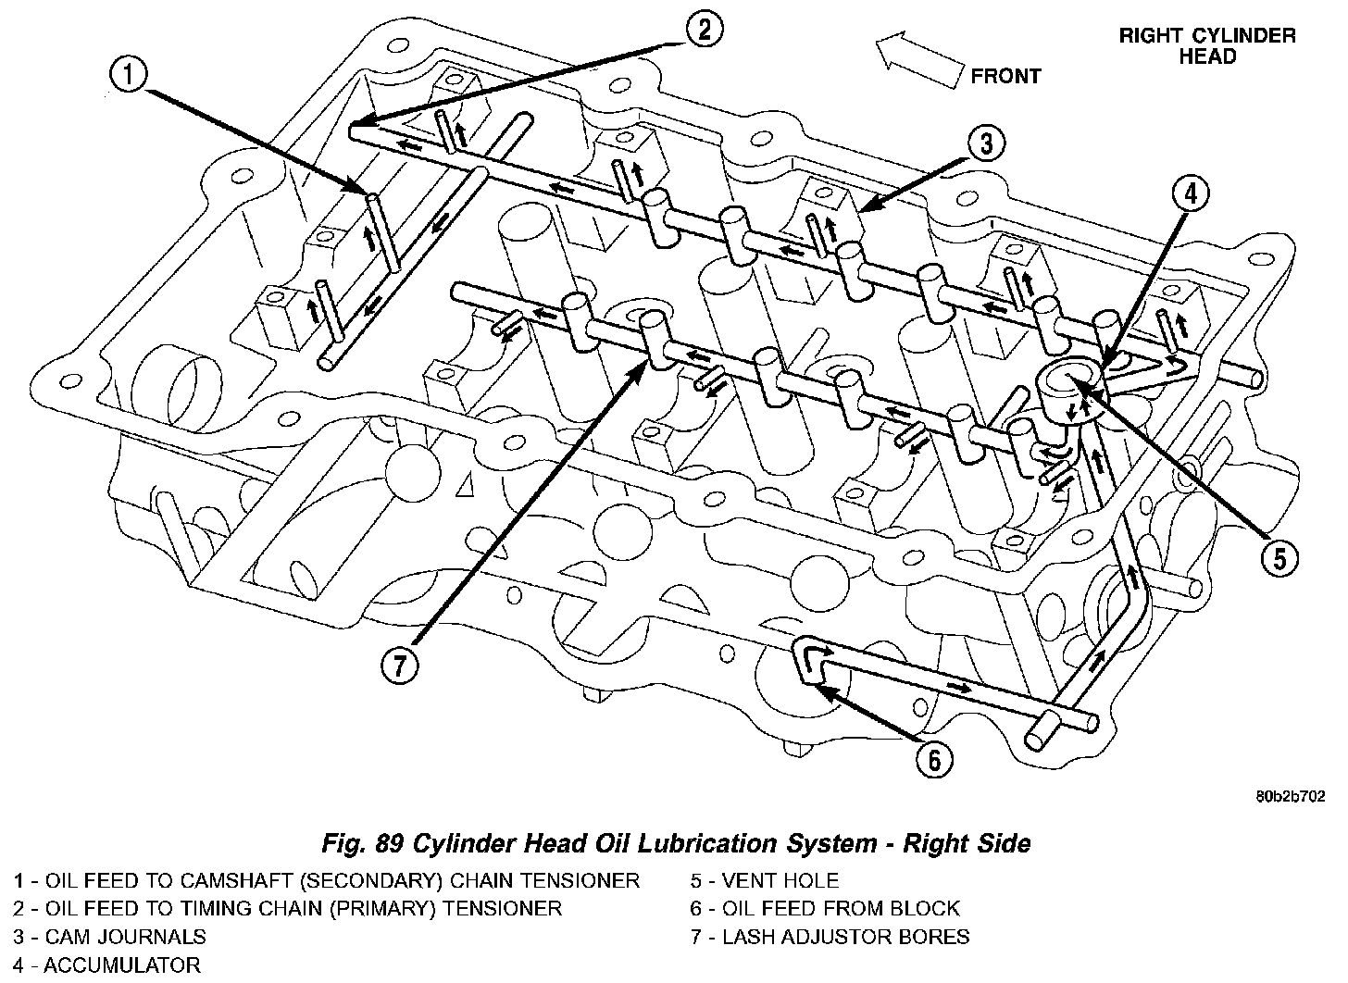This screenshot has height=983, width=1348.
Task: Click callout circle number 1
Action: coord(129,75)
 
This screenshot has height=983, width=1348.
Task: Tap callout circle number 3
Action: coord(987,143)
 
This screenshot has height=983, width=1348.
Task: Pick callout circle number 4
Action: coord(1191,193)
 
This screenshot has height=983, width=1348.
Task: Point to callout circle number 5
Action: coord(1279,557)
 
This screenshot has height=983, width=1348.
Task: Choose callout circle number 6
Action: coord(933,760)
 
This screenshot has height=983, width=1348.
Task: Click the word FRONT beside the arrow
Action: coord(1005,76)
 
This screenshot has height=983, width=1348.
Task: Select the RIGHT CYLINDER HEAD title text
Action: coord(1207,46)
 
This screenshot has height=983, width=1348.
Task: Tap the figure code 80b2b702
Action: coord(1292,795)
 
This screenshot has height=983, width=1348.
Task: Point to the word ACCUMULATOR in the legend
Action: coord(122,965)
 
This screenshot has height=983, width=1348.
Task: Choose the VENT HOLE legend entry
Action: coord(764,880)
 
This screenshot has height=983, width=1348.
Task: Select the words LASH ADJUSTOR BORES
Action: coord(845,937)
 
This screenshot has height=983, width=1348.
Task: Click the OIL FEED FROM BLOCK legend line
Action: coord(825,908)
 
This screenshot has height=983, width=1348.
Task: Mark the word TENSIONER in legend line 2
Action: coord(502,908)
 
